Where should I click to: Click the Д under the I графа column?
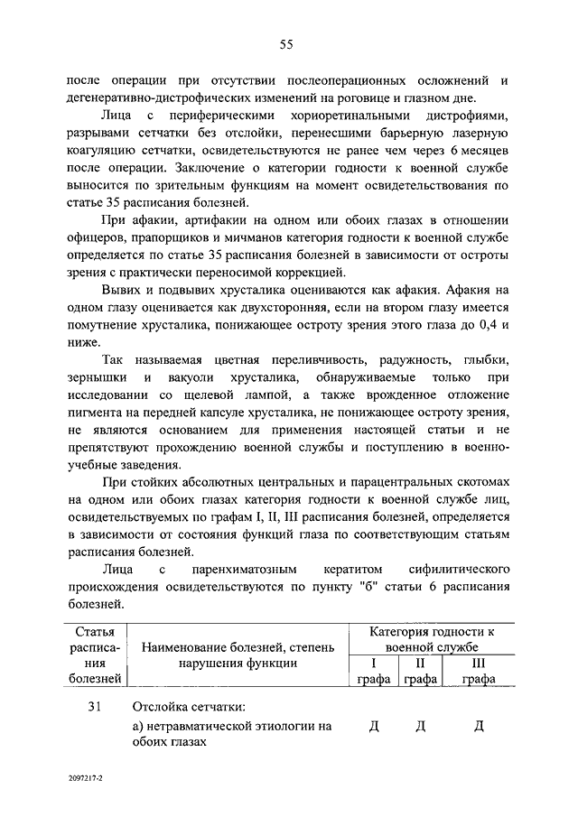point(374,727)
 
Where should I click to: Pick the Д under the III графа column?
point(480,727)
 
